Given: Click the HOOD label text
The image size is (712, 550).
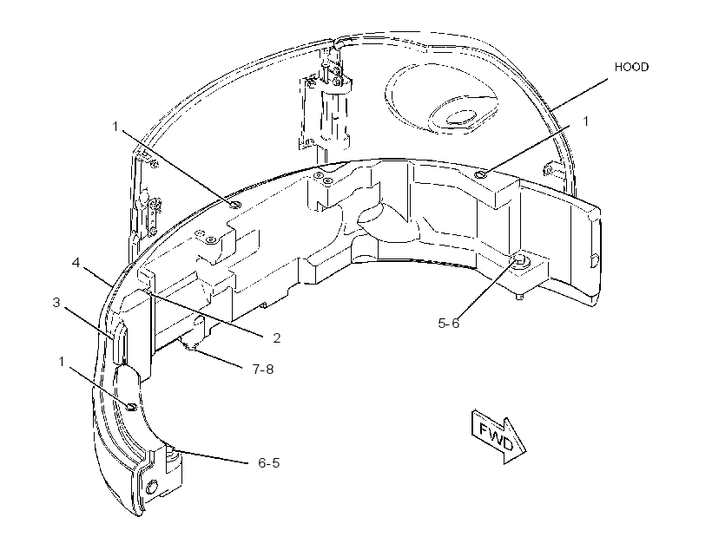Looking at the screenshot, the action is pos(631,67).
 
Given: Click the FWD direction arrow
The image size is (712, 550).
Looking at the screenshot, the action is pos(498,436).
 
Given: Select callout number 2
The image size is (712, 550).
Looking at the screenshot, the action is pos(276,338).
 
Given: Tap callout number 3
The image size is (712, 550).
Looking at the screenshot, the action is pos(56,302).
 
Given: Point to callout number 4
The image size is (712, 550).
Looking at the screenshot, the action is pos(76,262).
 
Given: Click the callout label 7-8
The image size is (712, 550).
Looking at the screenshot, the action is pos(263,370).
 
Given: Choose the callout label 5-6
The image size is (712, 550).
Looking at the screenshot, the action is pos(449,323).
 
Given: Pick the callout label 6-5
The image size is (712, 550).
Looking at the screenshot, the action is pos(269,463).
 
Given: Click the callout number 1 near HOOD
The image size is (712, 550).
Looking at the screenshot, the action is pos(586,121).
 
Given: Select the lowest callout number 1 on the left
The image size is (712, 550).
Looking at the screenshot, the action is pos(62,361).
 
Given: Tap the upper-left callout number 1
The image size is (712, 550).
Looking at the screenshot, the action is pos(115,126).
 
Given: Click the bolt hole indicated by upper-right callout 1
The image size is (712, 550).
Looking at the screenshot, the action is pos(480,174).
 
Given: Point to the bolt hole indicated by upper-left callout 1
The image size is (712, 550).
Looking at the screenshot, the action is pos(235,205).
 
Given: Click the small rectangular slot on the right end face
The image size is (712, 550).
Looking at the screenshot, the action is pos(594,261).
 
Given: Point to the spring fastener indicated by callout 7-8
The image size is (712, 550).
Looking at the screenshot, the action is pos(191,345).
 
